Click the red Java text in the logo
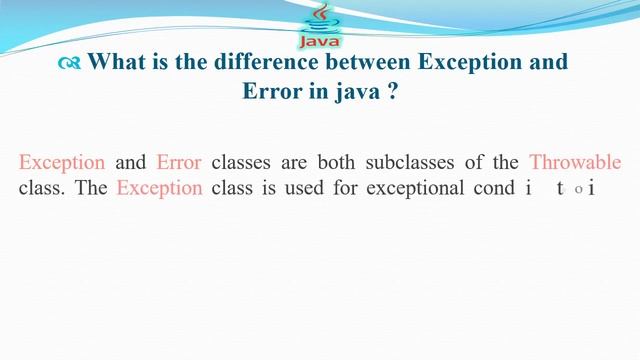pyautogui.click(x=319, y=42)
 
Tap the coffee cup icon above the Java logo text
pyautogui.click(x=320, y=18)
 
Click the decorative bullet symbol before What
pyautogui.click(x=69, y=63)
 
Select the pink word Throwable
pyautogui.click(x=575, y=162)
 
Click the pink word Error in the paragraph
pyautogui.click(x=179, y=162)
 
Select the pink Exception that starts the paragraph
pyautogui.click(x=62, y=162)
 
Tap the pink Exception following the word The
pyautogui.click(x=159, y=187)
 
